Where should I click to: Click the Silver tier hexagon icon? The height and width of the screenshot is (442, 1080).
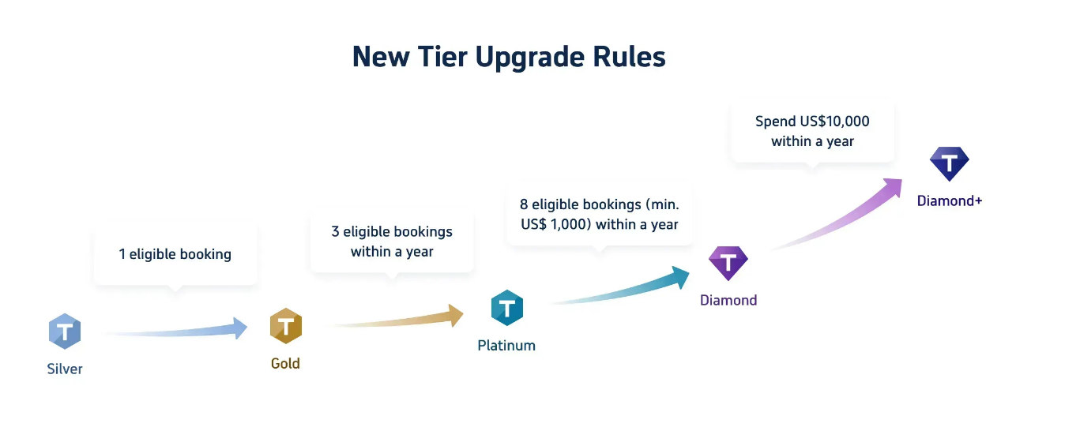(x=65, y=331)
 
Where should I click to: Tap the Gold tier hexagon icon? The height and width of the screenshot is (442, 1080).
(x=286, y=326)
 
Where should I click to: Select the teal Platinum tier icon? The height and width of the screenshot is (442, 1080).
(x=507, y=308)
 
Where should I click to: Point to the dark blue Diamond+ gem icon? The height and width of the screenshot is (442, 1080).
(x=949, y=163)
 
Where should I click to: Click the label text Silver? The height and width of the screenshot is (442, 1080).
(x=65, y=369)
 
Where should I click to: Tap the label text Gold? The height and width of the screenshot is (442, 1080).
(x=285, y=364)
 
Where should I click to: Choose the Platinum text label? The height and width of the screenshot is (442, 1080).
(x=506, y=346)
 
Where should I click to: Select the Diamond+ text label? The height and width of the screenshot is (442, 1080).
(x=949, y=201)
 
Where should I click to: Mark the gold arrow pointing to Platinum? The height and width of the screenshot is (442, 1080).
(x=395, y=319)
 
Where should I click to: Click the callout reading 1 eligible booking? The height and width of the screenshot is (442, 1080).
(x=175, y=254)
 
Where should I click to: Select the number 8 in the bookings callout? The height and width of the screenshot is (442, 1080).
(x=524, y=204)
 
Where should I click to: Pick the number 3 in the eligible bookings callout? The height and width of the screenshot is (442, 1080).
(x=335, y=232)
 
